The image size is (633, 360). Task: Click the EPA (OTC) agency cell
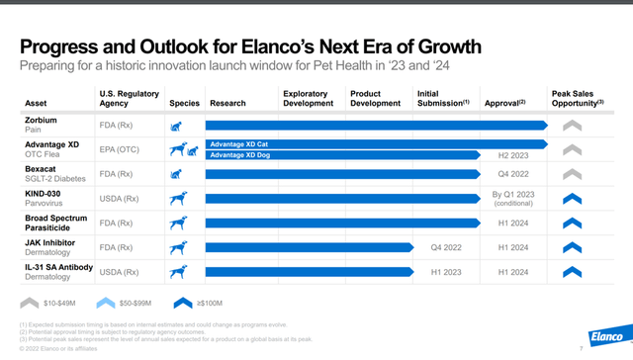(123, 149)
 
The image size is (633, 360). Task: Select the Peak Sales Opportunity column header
(578, 96)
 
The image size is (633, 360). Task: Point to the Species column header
(184, 102)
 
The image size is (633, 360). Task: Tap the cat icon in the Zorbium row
(178, 126)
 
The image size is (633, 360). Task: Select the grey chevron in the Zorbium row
(573, 126)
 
